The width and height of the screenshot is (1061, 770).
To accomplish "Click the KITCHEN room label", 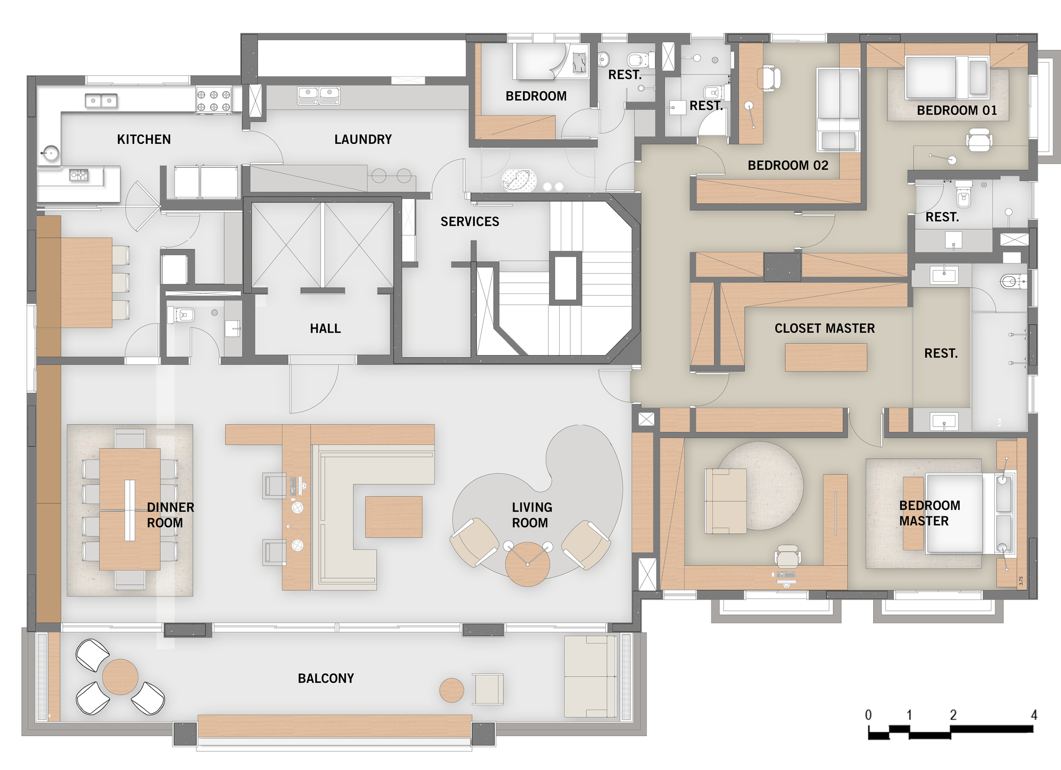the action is tap(144, 140).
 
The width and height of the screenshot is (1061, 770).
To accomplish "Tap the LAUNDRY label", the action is tap(363, 140).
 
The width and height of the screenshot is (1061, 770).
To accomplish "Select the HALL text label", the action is tap(325, 329).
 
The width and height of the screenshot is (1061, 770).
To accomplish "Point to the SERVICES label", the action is tap(469, 222).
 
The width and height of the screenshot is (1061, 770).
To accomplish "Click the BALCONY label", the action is tap(326, 679).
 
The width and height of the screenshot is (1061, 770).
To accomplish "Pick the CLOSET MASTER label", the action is tap(824, 328).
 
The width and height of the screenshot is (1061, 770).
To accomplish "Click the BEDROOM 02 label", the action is tap(788, 166).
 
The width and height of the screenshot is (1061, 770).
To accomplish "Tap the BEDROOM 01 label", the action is tap(956, 110).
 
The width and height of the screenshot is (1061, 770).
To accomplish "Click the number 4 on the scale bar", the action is tap(1033, 715).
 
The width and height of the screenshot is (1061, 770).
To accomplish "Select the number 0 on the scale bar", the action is tap(868, 715).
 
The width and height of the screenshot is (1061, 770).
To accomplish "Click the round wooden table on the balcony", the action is tap(120, 677).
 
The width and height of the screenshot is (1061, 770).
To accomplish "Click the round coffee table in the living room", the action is tap(527, 564).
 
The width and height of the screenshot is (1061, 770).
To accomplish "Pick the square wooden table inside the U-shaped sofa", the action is tap(394, 517).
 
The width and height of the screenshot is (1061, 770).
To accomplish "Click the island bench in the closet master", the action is tap(826, 357).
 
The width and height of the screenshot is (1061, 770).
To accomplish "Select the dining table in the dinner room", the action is tap(130, 509).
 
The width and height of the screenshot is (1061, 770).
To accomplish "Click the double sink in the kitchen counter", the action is tap(101, 100).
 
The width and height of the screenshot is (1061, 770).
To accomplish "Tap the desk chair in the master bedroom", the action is tap(788, 556).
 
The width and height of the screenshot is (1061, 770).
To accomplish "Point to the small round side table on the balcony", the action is tap(452, 690).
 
